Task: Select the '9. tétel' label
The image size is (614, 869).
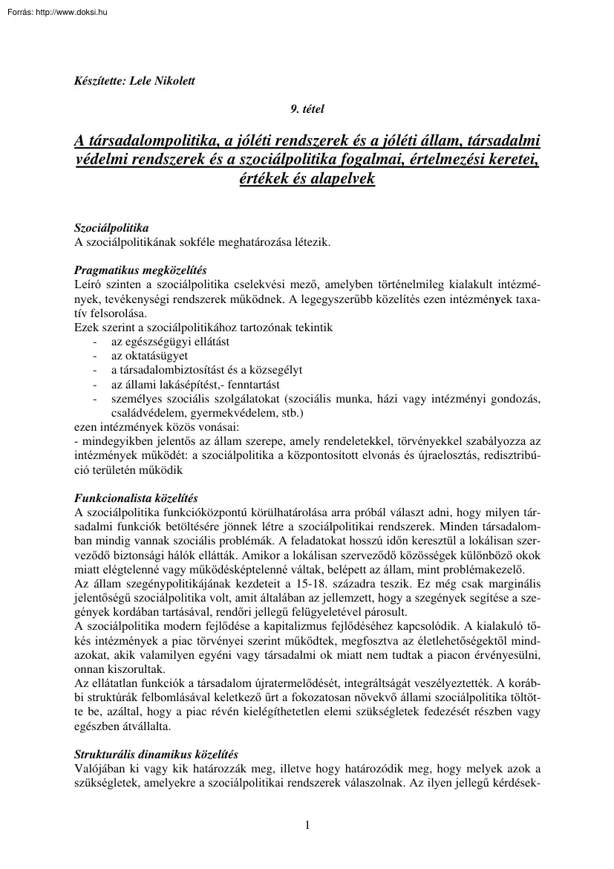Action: point(307,109)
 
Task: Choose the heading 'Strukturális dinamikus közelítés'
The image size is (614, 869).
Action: point(156,753)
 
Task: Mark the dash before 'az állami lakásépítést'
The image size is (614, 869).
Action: point(94,384)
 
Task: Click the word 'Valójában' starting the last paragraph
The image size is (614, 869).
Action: point(99,767)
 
